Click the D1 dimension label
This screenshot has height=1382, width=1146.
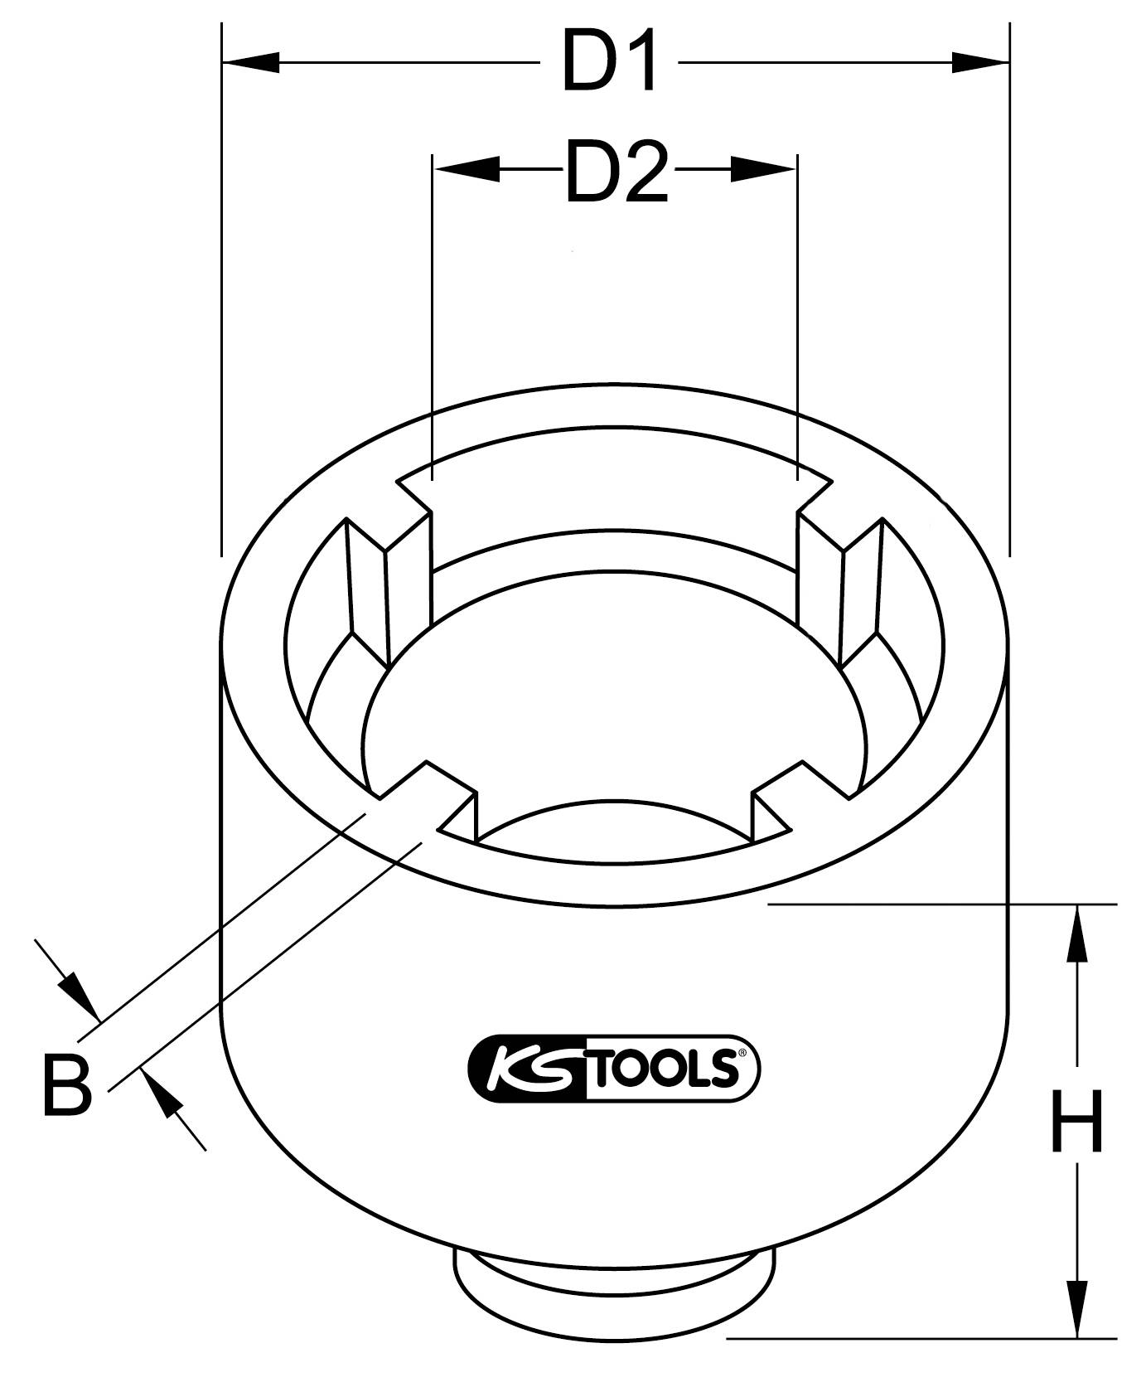tap(612, 61)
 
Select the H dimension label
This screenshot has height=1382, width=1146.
tap(1076, 1122)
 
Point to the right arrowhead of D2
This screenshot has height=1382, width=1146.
tap(762, 169)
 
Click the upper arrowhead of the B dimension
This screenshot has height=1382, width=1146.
tap(77, 992)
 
